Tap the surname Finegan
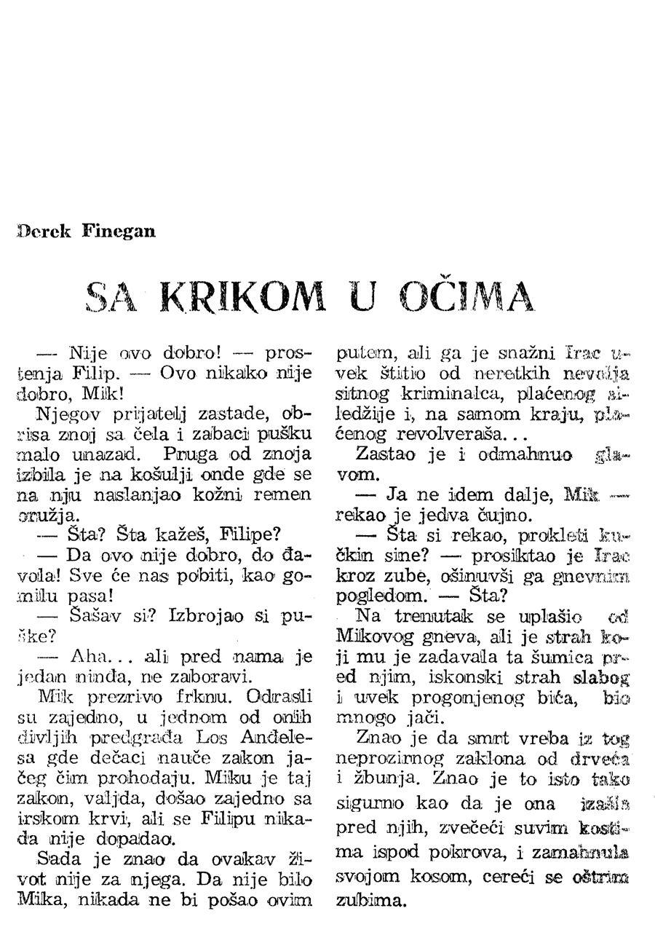pyautogui.click(x=119, y=232)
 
